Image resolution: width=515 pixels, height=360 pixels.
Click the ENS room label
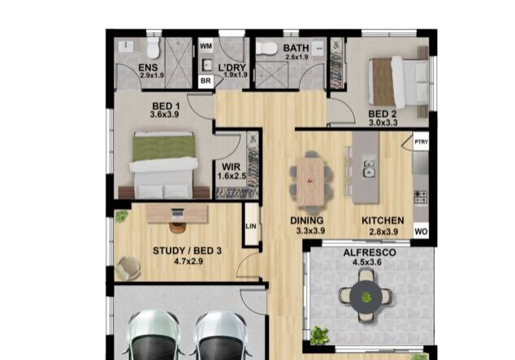(148, 67)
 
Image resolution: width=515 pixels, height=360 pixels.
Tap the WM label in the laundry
(206, 47)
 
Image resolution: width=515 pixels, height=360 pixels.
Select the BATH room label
(296, 48)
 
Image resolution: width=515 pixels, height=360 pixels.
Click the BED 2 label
(383, 114)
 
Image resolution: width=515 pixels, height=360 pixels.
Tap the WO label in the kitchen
(422, 232)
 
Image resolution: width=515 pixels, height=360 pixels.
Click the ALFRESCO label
(369, 253)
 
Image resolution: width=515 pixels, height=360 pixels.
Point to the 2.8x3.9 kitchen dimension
(380, 232)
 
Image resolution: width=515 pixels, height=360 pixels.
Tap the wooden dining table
(310, 180)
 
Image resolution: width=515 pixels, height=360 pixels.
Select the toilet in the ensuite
(154, 48)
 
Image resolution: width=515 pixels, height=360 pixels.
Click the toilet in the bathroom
(266, 49)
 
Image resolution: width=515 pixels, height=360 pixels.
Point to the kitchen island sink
(369, 170)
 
